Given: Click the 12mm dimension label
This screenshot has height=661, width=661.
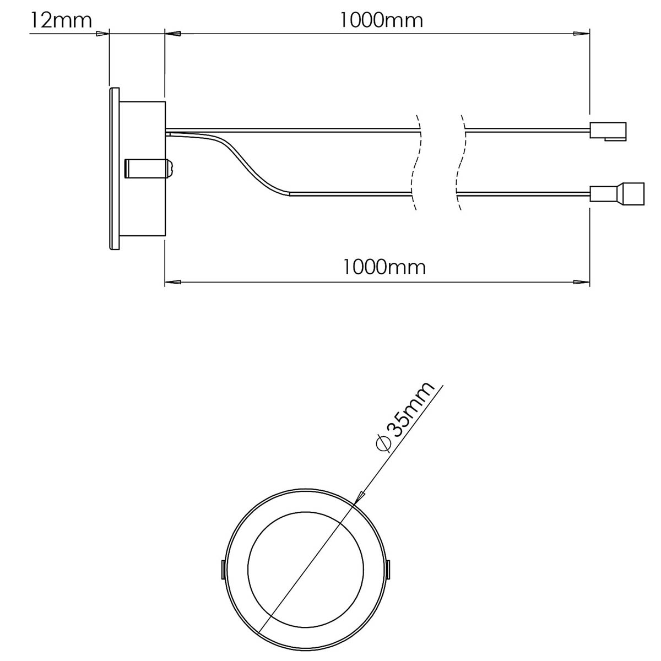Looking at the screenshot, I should tap(61, 20).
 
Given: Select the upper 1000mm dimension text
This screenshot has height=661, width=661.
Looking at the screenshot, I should tap(381, 20).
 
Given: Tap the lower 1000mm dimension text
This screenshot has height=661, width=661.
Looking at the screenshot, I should tap(384, 268).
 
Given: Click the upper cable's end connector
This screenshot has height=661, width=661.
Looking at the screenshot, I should tap(608, 131).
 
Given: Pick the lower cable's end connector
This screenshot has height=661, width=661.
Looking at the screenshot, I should tap(616, 193).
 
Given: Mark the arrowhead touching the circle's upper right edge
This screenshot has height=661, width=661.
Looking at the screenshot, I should tap(360, 497).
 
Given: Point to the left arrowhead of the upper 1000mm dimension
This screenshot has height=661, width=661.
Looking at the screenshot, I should tap(174, 34).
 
